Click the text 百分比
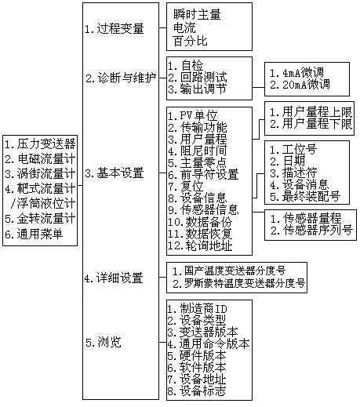pyautogui.click(x=191, y=41)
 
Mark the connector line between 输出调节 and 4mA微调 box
pyautogui.click(x=258, y=88)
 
